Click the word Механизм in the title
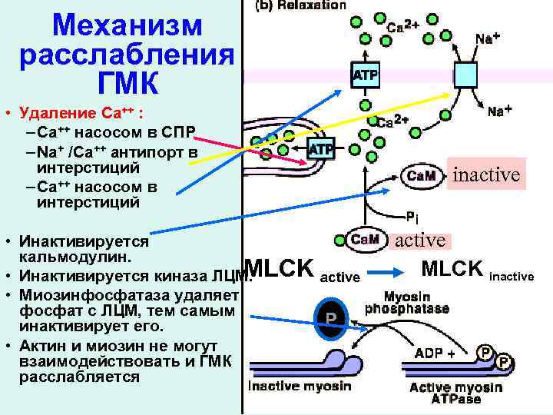click(127, 26)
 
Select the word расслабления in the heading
click(127, 55)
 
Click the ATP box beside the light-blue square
click(365, 75)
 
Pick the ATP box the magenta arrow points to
click(320, 148)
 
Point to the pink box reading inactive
click(486, 174)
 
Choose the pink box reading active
click(420, 240)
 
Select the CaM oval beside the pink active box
click(364, 239)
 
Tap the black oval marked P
click(330, 318)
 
